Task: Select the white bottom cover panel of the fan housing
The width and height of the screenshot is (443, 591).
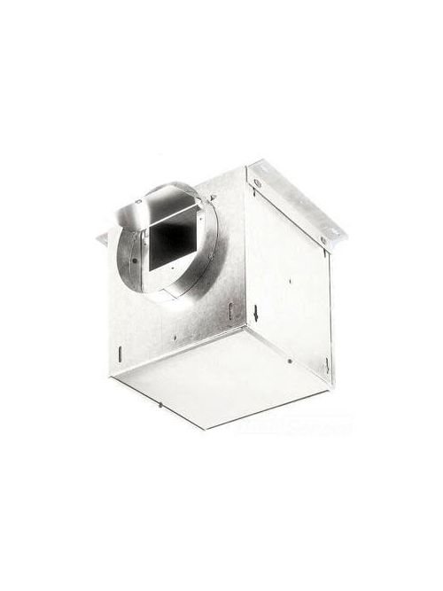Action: (x=221, y=372)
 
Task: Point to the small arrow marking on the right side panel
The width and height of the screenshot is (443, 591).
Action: (x=256, y=312)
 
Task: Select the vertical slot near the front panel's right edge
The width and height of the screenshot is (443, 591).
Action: (x=230, y=311)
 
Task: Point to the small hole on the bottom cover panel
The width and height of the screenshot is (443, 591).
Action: (x=290, y=362)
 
